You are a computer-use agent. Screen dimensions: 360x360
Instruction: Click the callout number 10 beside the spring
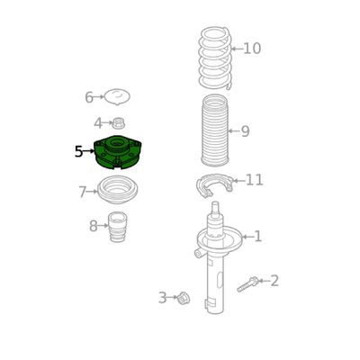click(x=252, y=49)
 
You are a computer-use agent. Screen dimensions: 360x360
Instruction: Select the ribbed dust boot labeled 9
click(x=214, y=130)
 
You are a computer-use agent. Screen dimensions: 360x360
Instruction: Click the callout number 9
click(x=245, y=131)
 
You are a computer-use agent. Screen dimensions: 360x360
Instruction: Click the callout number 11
click(x=255, y=180)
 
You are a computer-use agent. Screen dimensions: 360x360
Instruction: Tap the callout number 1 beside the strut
click(x=258, y=237)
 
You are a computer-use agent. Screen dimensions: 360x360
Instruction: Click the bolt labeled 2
click(x=247, y=284)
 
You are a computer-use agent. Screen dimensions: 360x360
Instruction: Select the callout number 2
click(x=274, y=281)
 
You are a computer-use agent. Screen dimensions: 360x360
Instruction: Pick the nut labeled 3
click(x=183, y=298)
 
